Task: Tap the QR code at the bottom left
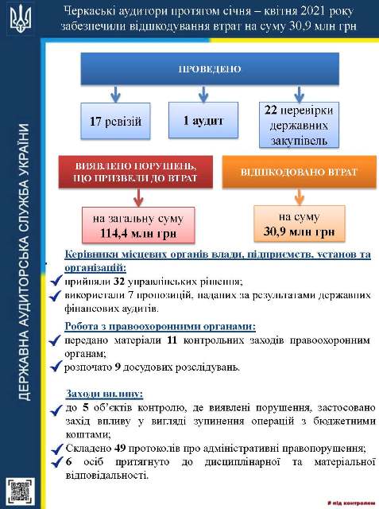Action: (x=19, y=488)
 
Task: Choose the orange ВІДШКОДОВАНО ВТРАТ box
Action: (x=299, y=172)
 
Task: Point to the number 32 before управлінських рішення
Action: (x=121, y=281)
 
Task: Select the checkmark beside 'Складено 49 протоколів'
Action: (x=56, y=449)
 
